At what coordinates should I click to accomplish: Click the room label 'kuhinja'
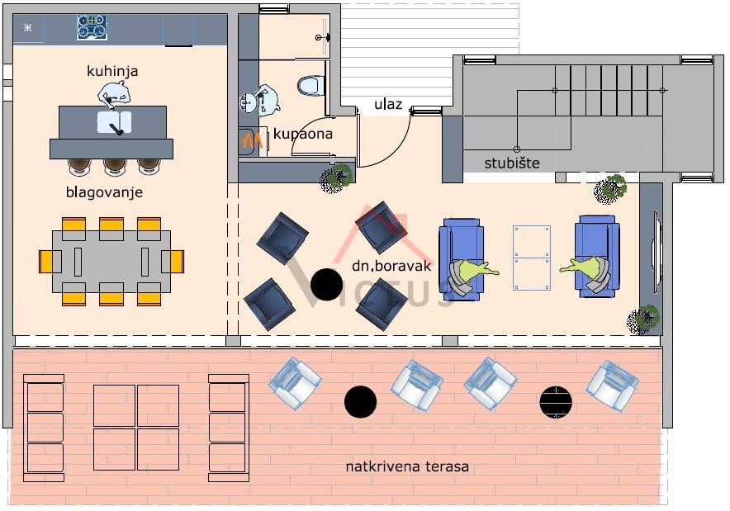point(112,71)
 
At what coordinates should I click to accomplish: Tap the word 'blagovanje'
point(104,192)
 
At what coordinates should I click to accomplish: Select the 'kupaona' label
point(303,133)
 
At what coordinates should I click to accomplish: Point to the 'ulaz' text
point(388,104)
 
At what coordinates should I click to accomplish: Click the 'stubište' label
point(512,163)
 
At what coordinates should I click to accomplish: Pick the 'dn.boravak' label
point(386,267)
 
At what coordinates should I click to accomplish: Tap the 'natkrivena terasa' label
point(407,466)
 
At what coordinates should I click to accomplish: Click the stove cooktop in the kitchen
point(92,27)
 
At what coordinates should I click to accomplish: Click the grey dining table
point(111,261)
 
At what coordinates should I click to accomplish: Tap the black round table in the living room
point(326,285)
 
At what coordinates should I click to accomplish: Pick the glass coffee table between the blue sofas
point(531,258)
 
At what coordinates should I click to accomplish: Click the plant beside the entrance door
point(336,177)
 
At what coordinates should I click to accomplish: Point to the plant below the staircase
point(610,189)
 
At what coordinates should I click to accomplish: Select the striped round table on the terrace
point(556,402)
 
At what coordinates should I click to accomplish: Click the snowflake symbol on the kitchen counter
point(27,28)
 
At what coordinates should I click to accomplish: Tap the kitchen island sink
point(114,123)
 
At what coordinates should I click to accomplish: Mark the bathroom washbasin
point(249,103)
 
